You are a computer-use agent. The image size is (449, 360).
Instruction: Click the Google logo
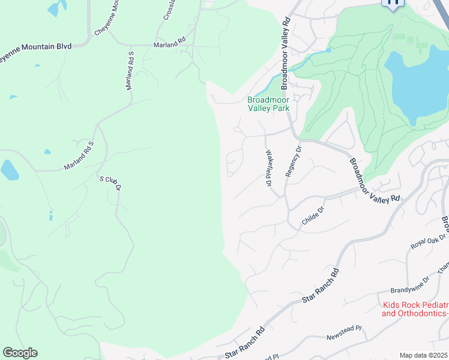point(20,353)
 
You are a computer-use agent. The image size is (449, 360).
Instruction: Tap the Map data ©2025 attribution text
point(424,355)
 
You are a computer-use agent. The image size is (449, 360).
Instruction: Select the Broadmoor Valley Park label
point(268,104)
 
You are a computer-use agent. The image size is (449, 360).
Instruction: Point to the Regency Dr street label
point(292,162)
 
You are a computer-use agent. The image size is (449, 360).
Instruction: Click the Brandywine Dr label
point(410,280)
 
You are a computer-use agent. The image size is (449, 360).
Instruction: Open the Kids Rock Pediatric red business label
point(414,309)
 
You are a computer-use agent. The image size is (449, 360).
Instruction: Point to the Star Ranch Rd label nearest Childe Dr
point(321,285)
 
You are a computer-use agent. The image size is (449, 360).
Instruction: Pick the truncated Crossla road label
point(169,9)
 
